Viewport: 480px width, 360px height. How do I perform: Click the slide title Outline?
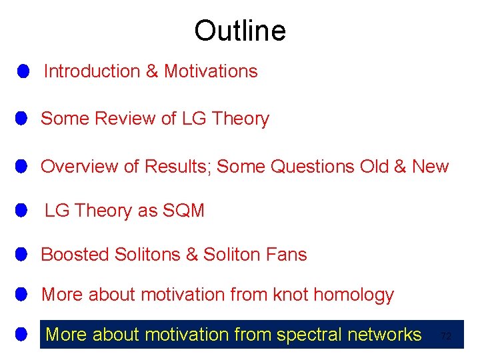[x=239, y=31]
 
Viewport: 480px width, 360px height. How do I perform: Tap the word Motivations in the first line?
[x=211, y=71]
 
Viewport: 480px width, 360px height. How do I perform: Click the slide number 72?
[x=446, y=337]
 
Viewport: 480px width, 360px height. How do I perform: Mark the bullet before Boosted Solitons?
[x=21, y=254]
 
